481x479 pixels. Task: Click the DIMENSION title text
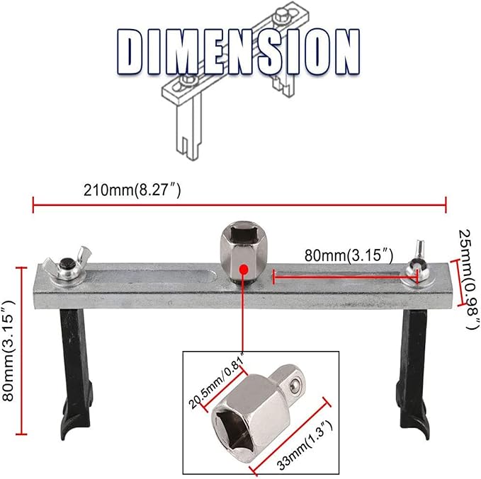(x=238, y=51)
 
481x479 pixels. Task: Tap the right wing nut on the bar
(x=417, y=270)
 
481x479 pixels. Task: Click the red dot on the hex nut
(x=243, y=270)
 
